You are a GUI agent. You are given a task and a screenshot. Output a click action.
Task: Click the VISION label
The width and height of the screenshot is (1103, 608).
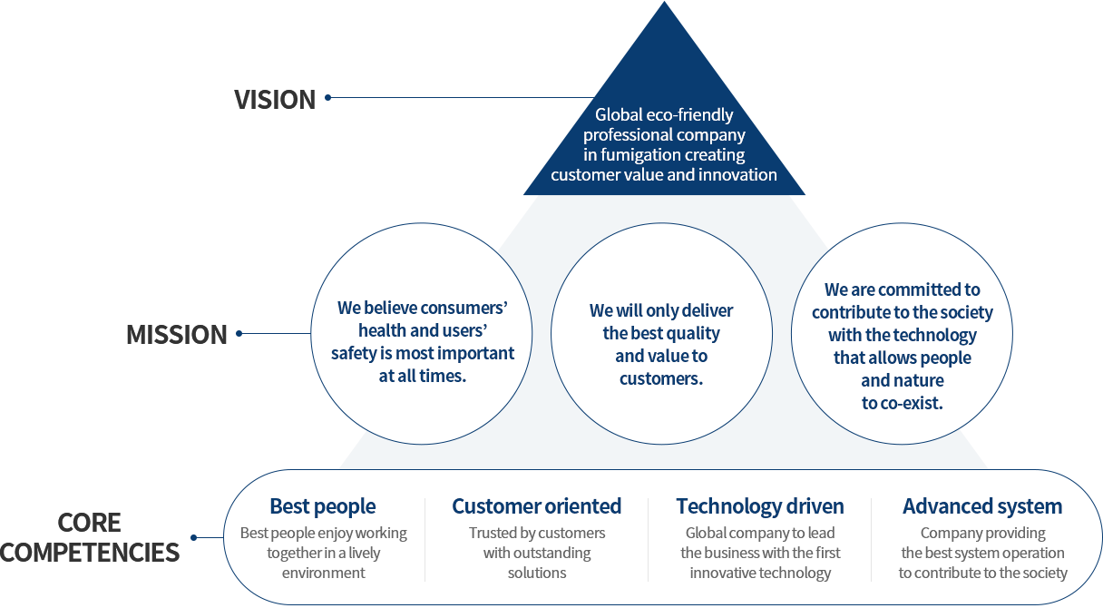[274, 99]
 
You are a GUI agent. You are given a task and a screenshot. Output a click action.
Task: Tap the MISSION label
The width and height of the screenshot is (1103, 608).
[177, 335]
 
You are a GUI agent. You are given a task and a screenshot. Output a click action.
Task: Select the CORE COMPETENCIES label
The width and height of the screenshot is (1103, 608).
[89, 537]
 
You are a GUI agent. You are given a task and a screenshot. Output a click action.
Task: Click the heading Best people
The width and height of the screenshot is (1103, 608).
[323, 506]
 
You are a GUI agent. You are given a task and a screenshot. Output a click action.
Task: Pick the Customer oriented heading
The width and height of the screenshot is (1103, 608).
[537, 506]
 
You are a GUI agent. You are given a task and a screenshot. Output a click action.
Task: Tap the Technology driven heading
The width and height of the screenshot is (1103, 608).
[760, 506]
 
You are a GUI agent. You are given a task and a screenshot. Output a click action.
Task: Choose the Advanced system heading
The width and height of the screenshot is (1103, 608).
[982, 506]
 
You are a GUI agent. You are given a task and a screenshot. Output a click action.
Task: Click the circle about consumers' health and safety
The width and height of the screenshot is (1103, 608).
[422, 341]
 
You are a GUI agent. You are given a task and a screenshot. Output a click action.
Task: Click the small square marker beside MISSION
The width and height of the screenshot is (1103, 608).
[239, 333]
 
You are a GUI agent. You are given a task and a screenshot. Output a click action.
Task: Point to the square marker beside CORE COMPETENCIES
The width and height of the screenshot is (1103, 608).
[193, 537]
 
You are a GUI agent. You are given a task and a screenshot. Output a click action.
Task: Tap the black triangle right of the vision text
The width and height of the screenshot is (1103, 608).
[759, 122]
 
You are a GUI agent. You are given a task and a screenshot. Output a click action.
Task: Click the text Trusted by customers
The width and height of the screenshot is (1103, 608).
[537, 533]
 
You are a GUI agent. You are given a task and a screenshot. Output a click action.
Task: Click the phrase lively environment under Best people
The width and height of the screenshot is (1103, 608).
[324, 563]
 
